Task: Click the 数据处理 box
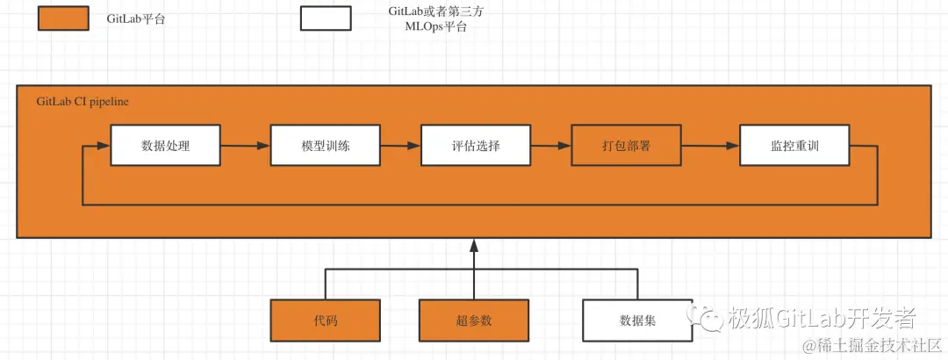pyautogui.click(x=164, y=146)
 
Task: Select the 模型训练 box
pyautogui.click(x=325, y=146)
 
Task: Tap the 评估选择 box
pyautogui.click(x=475, y=146)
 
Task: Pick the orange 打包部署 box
pyautogui.click(x=626, y=146)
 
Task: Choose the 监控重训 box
pyautogui.click(x=794, y=146)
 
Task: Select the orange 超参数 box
pyautogui.click(x=474, y=320)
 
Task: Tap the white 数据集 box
pyautogui.click(x=637, y=320)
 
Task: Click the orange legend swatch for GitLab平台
pyautogui.click(x=63, y=18)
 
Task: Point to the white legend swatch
pyautogui.click(x=325, y=18)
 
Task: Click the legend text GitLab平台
pyautogui.click(x=136, y=18)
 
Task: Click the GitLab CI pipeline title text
pyautogui.click(x=83, y=102)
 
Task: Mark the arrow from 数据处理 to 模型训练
pyautogui.click(x=244, y=146)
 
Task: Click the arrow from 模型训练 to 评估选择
pyautogui.click(x=400, y=146)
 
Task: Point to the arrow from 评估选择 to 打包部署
pyautogui.click(x=550, y=146)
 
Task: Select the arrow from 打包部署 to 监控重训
pyautogui.click(x=710, y=146)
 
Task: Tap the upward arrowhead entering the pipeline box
pyautogui.click(x=474, y=245)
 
